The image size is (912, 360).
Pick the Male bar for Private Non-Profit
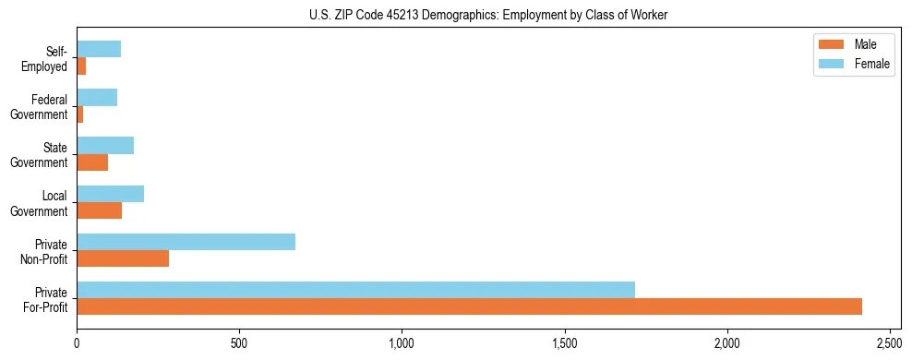[123, 258]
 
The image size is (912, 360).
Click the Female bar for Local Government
[110, 194]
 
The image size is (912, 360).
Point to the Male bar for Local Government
[99, 210]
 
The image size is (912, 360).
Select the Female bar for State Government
[105, 146]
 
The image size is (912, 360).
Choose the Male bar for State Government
[92, 162]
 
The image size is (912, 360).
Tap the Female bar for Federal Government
[97, 98]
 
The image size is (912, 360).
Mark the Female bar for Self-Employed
[99, 50]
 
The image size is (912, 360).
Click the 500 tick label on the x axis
[239, 343]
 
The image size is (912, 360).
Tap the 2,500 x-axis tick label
[890, 343]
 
